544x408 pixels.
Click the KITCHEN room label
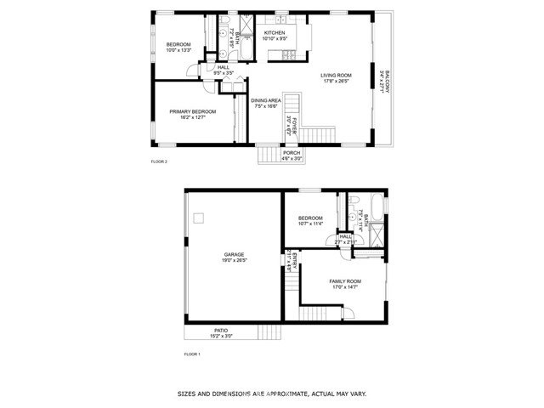click(275, 32)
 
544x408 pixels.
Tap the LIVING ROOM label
click(336, 76)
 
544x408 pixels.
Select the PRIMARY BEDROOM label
click(192, 111)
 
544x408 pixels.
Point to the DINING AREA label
click(266, 100)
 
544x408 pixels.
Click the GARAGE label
click(235, 254)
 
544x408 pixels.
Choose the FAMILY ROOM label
click(345, 280)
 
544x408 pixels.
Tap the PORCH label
click(292, 152)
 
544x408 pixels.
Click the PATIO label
click(220, 331)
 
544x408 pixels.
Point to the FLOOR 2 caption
click(160, 161)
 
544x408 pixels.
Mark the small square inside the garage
click(199, 218)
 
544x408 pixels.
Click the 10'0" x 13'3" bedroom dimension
click(178, 50)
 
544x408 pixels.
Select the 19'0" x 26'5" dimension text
click(235, 260)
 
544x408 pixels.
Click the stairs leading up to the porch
click(269, 154)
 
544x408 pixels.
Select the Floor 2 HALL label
click(224, 67)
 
